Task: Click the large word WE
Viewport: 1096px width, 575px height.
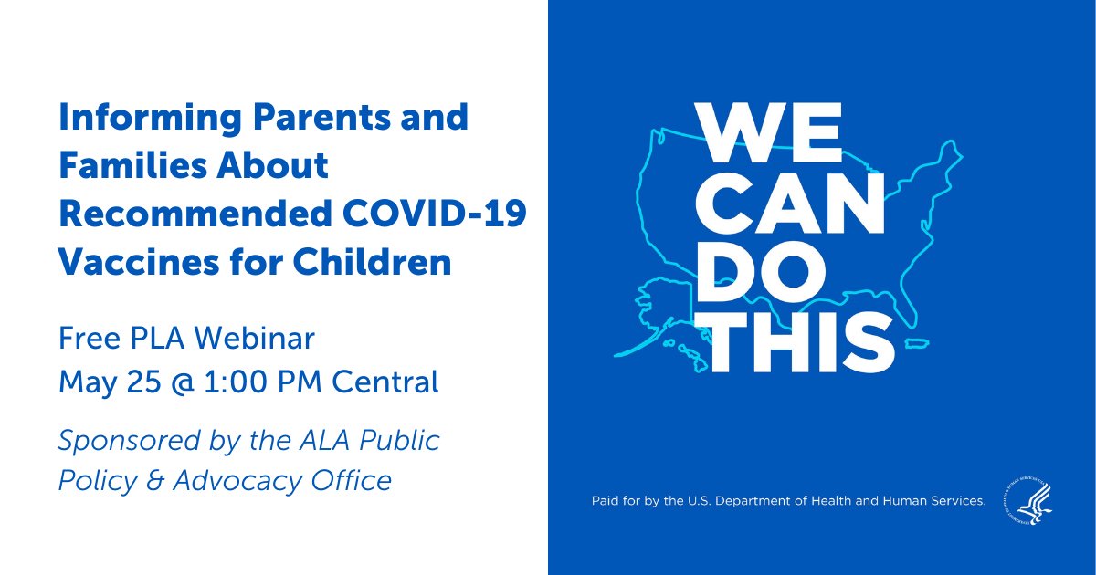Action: [x=768, y=136]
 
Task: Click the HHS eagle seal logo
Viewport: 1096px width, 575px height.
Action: [x=1027, y=501]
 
